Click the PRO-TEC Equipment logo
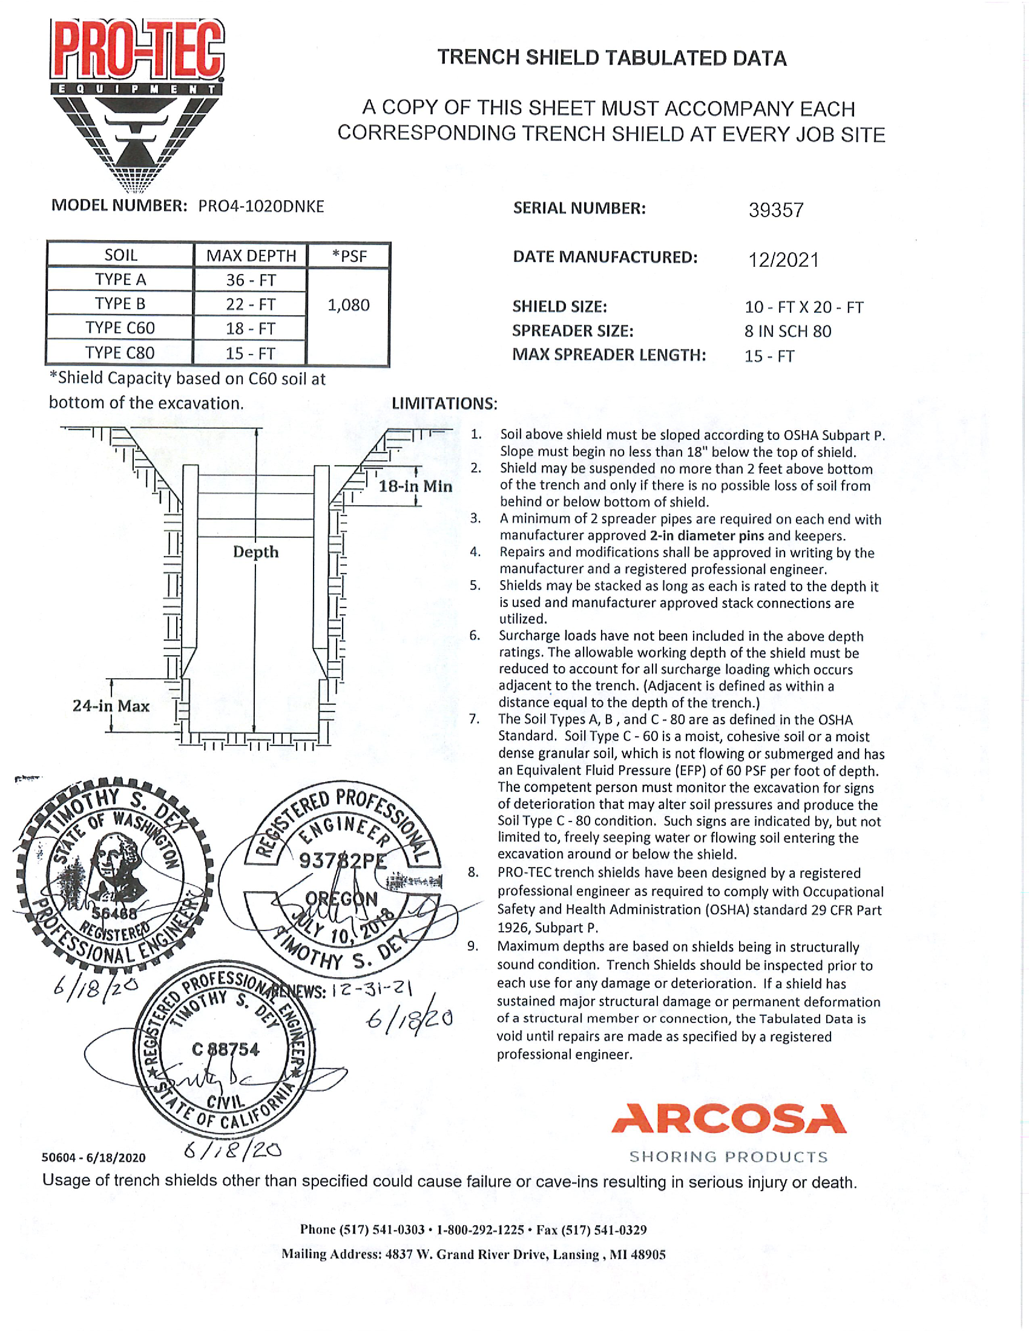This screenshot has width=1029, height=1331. click(x=137, y=103)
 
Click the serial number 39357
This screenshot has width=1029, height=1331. click(x=776, y=211)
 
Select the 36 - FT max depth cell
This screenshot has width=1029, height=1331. click(x=251, y=280)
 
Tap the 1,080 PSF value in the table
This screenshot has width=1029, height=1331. click(x=348, y=305)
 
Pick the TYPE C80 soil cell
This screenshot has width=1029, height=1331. click(x=120, y=353)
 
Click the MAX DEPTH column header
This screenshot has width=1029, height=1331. click(x=251, y=255)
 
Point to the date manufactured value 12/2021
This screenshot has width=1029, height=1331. click(x=783, y=260)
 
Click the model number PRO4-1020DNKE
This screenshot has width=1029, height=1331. click(x=261, y=206)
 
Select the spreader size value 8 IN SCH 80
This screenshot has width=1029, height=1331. click(x=787, y=332)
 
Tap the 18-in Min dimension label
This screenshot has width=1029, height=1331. click(x=415, y=486)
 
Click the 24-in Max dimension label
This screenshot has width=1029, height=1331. click(x=111, y=706)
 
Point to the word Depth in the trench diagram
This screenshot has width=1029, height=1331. click(x=255, y=552)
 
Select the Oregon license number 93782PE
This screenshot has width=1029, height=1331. click(x=343, y=860)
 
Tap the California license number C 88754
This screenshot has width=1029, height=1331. click(x=226, y=1050)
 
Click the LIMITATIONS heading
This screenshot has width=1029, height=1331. click(x=444, y=404)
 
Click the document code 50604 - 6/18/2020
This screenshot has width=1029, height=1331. click(x=93, y=1157)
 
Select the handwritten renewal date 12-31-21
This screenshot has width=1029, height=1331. click(x=373, y=989)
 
